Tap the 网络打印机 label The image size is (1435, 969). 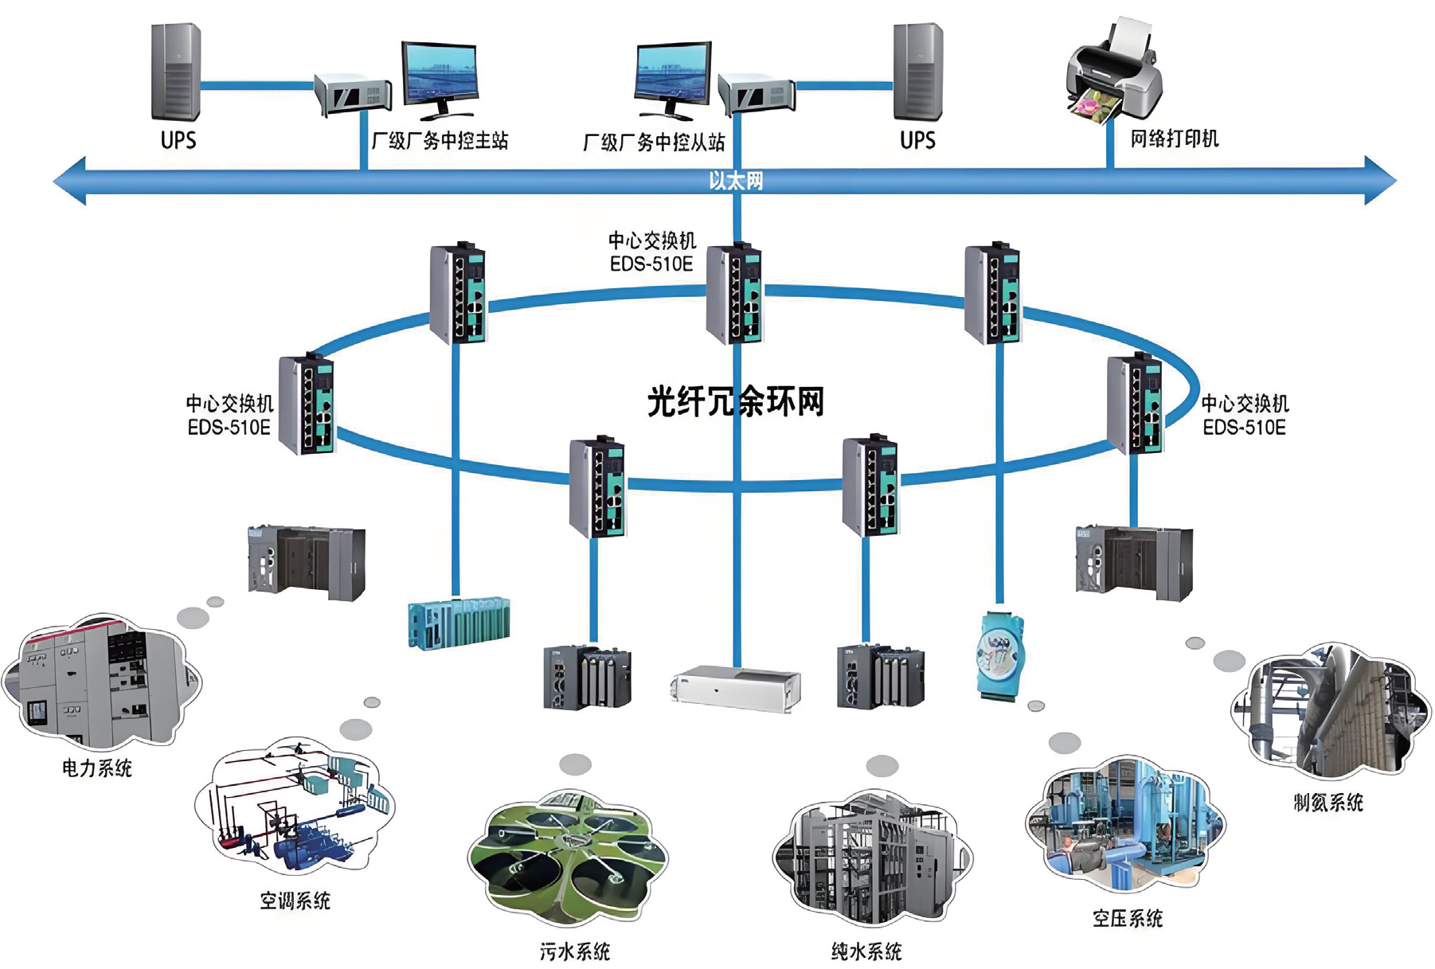1175,139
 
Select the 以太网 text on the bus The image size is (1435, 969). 736,181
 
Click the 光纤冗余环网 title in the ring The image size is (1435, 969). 735,401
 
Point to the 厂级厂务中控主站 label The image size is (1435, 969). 440,141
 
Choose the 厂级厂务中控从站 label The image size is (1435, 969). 654,143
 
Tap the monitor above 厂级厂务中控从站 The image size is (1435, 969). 673,78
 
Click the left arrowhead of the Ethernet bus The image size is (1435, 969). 70,181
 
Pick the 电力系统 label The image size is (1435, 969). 97,768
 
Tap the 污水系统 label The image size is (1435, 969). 575,951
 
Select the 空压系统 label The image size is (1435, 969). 1128,919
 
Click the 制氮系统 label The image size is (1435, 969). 1328,803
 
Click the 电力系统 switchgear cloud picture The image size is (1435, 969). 102,681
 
